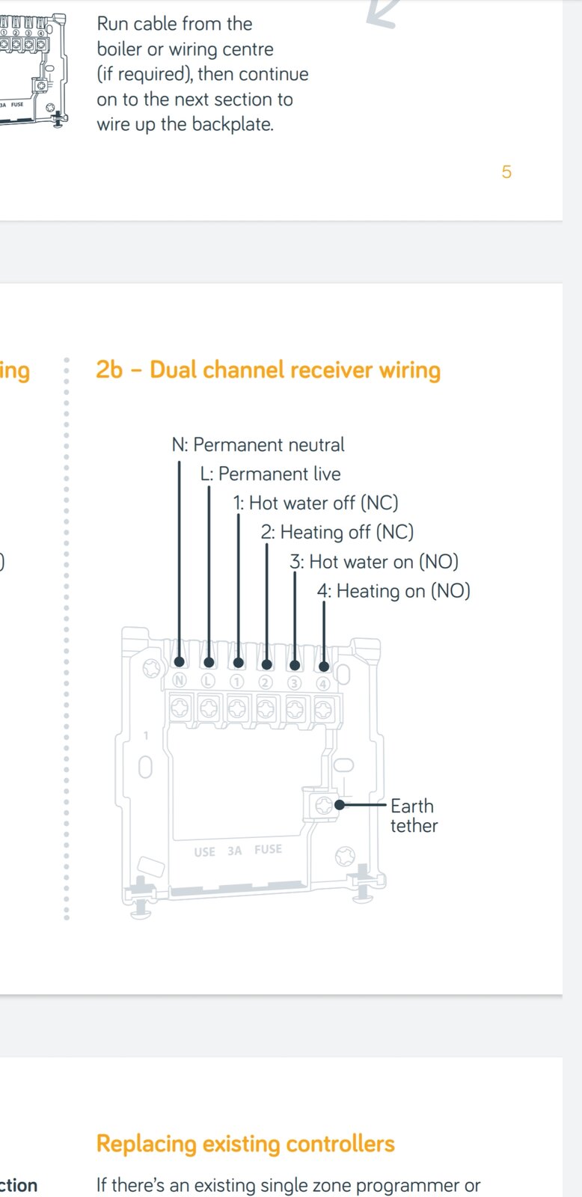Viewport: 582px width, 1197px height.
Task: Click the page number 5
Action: point(506,172)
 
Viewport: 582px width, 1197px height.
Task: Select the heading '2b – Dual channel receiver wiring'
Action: point(268,370)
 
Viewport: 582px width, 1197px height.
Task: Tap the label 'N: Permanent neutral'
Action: point(258,445)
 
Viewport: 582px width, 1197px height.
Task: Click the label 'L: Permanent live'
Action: point(270,474)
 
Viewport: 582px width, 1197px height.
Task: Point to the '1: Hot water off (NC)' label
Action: point(316,503)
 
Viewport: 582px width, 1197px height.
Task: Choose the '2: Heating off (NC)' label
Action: point(337,533)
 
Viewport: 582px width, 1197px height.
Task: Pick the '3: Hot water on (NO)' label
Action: point(374,562)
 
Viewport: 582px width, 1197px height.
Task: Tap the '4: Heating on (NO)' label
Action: point(393,591)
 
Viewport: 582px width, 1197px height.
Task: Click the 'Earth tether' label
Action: point(413,816)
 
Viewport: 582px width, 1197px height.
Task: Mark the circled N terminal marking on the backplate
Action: point(179,681)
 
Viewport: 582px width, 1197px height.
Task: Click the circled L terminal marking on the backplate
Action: point(208,681)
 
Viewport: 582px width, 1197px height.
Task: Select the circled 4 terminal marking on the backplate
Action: point(323,683)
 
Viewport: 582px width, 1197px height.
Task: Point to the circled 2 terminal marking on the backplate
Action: point(266,682)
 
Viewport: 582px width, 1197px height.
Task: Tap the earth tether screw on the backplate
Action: point(323,805)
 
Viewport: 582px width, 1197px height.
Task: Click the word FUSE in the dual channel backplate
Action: point(268,849)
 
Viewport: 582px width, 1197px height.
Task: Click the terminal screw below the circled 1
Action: point(237,708)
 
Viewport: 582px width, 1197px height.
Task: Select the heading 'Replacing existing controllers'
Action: point(245,1144)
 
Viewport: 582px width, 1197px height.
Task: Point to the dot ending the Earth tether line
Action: point(340,805)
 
